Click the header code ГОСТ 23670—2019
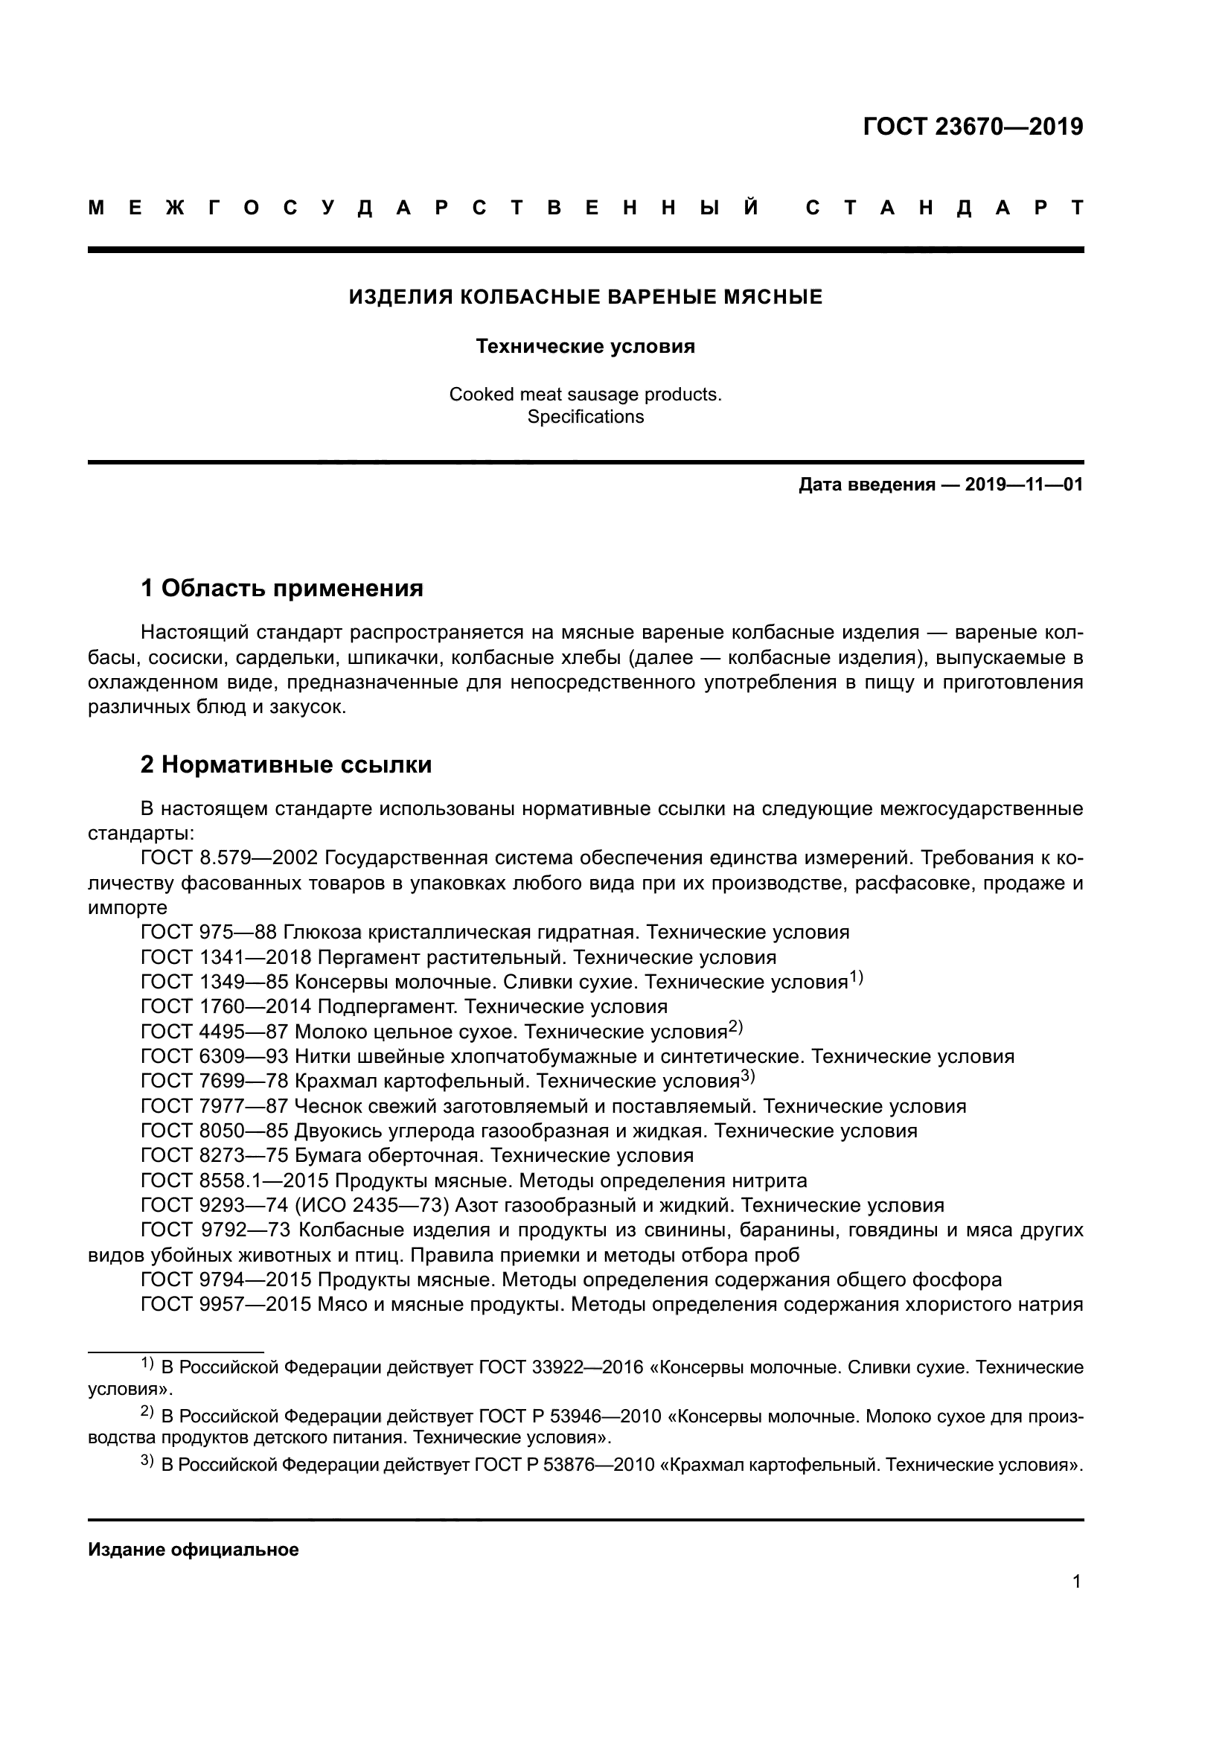[x=973, y=127]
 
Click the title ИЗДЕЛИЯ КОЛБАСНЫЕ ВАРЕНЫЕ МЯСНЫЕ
[x=585, y=296]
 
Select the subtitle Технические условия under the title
[x=585, y=347]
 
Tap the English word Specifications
[x=585, y=417]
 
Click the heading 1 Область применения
[x=282, y=588]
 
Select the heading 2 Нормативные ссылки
[x=286, y=764]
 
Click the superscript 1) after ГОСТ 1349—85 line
[x=856, y=978]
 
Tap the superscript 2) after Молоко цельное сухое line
[x=735, y=1027]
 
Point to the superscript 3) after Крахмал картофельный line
[x=747, y=1077]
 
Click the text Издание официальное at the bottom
[x=194, y=1550]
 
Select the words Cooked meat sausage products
[x=585, y=394]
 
